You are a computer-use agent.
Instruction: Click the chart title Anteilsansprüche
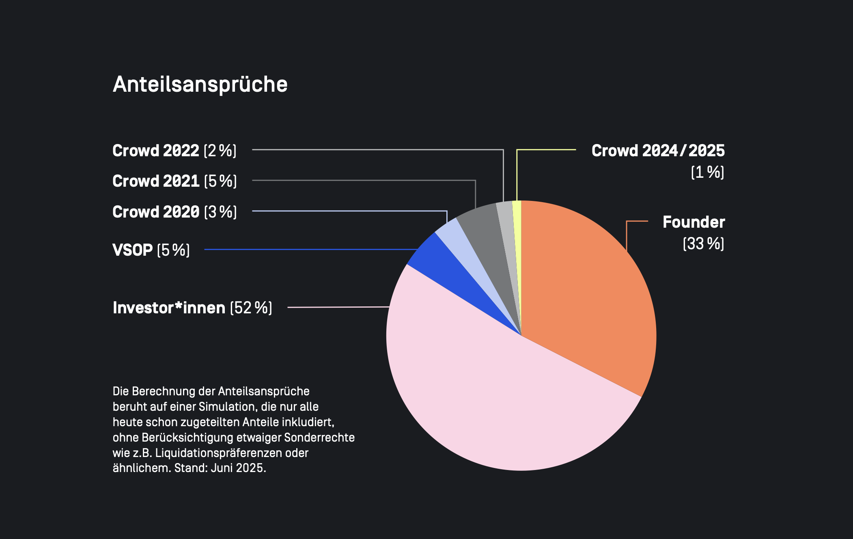pyautogui.click(x=200, y=84)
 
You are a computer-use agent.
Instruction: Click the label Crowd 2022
pyautogui.click(x=156, y=151)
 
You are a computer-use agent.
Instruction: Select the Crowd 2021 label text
pyautogui.click(x=156, y=181)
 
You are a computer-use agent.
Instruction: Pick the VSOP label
pyautogui.click(x=132, y=250)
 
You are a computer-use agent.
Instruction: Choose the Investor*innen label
pyautogui.click(x=169, y=308)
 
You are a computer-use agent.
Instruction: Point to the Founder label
pyautogui.click(x=694, y=222)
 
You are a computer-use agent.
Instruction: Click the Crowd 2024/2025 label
pyautogui.click(x=658, y=151)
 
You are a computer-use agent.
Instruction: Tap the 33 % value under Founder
pyautogui.click(x=703, y=244)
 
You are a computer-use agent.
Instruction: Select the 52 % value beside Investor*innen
pyautogui.click(x=251, y=308)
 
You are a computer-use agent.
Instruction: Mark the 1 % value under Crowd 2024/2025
pyautogui.click(x=707, y=172)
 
